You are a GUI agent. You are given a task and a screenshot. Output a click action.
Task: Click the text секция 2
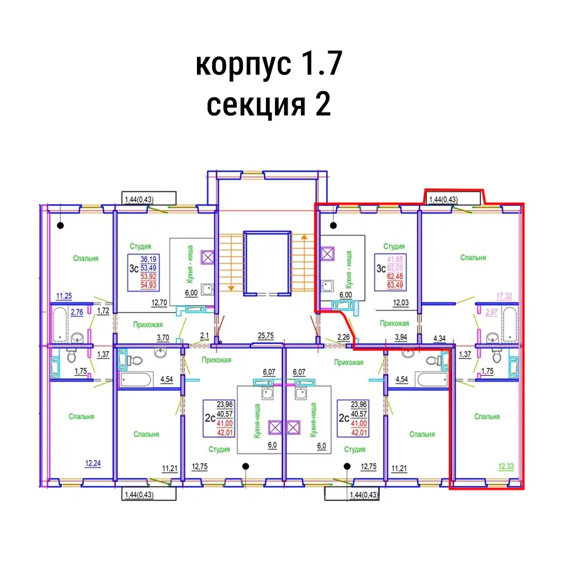tap(269, 105)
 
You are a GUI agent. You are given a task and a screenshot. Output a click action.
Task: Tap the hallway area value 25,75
tap(265, 336)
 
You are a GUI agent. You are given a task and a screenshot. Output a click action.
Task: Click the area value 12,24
tap(94, 463)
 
